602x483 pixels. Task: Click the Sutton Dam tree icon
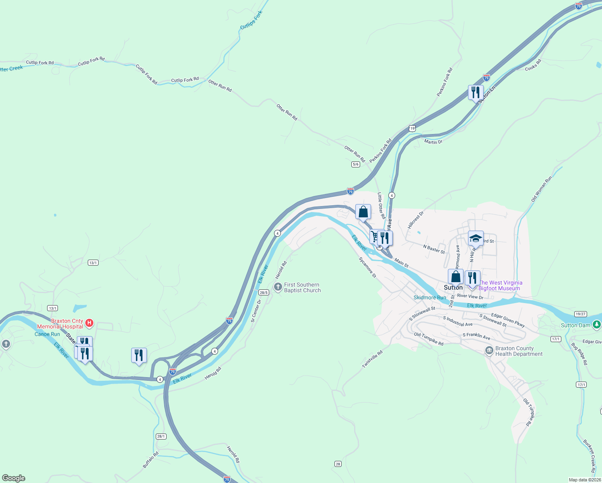coord(596,324)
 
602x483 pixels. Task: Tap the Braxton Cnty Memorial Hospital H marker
coord(90,323)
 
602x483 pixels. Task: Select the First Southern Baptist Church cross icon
coord(278,287)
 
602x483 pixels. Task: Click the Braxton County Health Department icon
coord(489,351)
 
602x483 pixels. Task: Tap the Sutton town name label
coord(453,287)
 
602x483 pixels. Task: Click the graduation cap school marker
coord(476,239)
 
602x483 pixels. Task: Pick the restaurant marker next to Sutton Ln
coord(476,93)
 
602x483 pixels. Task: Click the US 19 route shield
coord(411,128)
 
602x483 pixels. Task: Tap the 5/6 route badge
coord(355,164)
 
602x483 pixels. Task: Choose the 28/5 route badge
coord(264,293)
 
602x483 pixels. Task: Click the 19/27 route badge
coord(580,314)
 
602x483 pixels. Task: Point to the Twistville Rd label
coord(372,359)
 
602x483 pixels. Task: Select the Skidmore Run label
coord(430,297)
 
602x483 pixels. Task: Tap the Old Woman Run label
coord(542,189)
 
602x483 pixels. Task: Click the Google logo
coord(14,478)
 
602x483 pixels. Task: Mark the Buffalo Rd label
coord(151,460)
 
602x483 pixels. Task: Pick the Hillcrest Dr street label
coord(416,220)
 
